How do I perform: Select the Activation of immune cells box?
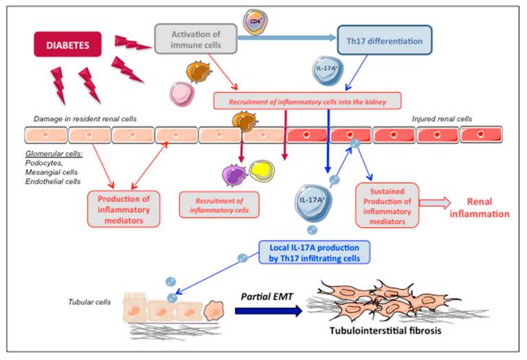pos(196,39)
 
